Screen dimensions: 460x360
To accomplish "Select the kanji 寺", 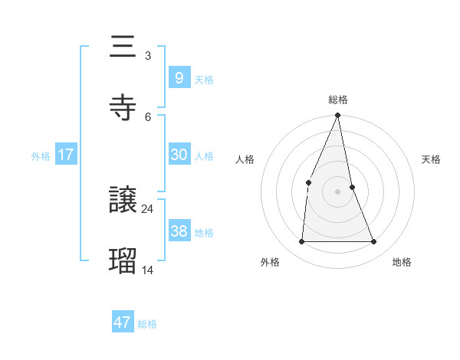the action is [x=123, y=108].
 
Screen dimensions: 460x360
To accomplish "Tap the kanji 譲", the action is [x=123, y=201].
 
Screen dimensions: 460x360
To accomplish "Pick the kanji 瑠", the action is [x=123, y=261].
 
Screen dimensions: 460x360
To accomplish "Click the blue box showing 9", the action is [x=179, y=77].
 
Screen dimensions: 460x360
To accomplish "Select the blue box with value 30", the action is [x=179, y=154].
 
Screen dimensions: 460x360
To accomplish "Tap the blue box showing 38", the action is [x=179, y=231].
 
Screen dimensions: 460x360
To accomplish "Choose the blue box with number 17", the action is [x=65, y=155].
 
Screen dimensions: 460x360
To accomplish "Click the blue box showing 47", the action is [x=122, y=322].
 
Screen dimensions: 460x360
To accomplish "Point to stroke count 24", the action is [x=147, y=208].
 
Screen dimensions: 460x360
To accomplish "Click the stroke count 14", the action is [x=147, y=269].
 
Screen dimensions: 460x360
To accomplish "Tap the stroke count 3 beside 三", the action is [x=147, y=55].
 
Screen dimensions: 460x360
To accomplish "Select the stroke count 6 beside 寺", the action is [x=147, y=116].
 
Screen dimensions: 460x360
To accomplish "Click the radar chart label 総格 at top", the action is [x=338, y=100].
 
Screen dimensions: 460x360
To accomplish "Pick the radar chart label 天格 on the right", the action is [x=432, y=159].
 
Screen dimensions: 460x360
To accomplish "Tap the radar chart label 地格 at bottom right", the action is [x=402, y=262].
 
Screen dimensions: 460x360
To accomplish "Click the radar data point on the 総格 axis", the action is [x=338, y=116].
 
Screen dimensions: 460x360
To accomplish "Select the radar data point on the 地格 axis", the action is [x=374, y=241].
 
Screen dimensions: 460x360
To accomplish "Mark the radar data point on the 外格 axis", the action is [x=301, y=241].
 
